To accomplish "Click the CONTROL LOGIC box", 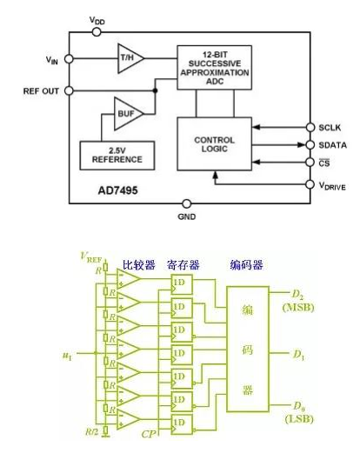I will (214, 143).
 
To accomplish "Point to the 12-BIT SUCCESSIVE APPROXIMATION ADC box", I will (214, 67).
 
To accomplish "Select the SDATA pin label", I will (334, 144).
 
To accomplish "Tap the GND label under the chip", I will (186, 217).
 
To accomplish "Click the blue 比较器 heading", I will (137, 264).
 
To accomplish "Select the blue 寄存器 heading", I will (184, 264).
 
